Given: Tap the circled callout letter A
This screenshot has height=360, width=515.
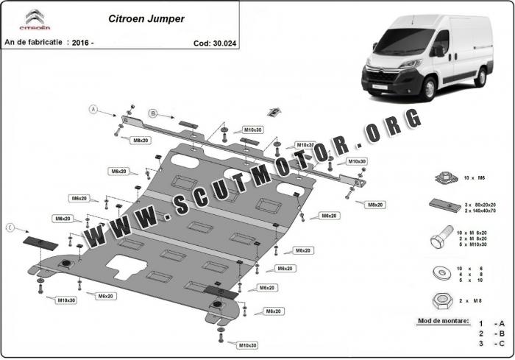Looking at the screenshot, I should pyautogui.click(x=93, y=110).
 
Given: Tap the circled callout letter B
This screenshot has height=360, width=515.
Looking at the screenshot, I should pyautogui.click(x=153, y=113).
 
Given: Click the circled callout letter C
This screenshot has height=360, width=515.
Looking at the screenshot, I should pyautogui.click(x=10, y=228).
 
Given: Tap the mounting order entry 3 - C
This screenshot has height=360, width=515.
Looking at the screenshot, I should pyautogui.click(x=491, y=344).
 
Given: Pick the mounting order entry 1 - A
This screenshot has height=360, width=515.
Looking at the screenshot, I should pyautogui.click(x=491, y=323).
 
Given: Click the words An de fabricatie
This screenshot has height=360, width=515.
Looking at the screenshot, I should pyautogui.click(x=32, y=42).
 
